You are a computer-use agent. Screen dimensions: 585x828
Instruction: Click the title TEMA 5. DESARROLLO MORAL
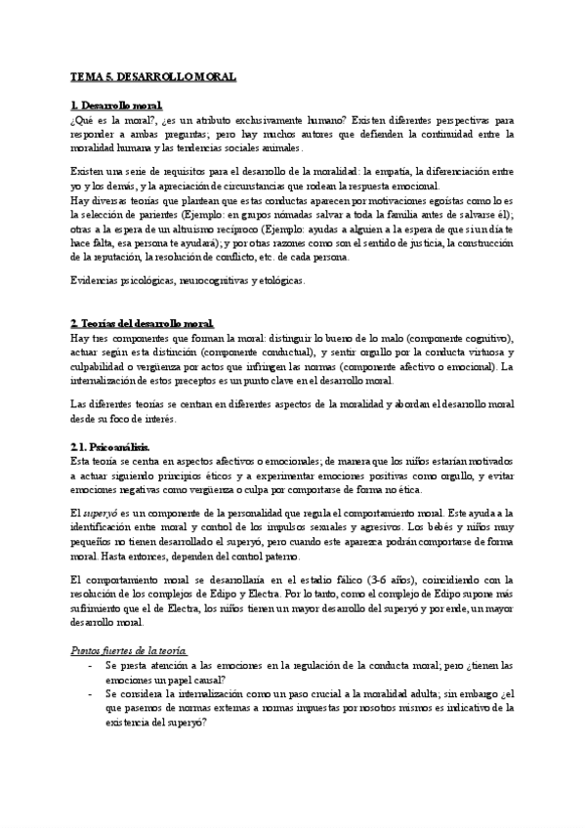pos(153,75)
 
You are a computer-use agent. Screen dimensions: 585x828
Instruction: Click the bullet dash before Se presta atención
pos(89,665)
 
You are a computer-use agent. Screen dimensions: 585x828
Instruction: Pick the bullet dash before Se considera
pos(89,693)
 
